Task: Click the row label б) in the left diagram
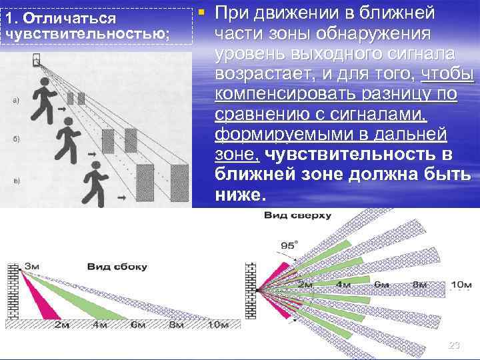15,139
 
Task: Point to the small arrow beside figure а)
61,108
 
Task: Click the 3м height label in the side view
32,267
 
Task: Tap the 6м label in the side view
138,325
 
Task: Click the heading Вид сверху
297,215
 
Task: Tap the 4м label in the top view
343,284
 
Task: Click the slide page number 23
454,345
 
